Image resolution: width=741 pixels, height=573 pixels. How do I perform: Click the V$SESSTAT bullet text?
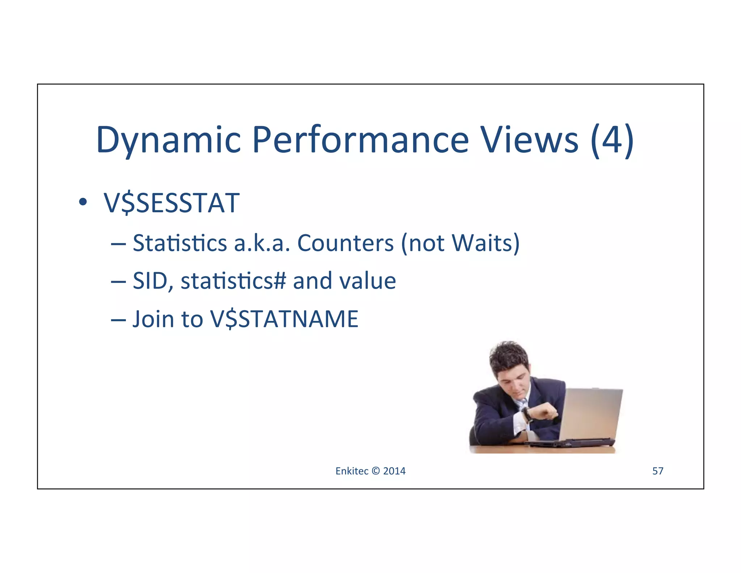(x=172, y=203)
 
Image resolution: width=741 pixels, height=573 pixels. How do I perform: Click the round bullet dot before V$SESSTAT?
(x=83, y=202)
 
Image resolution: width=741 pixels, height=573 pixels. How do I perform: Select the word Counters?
(x=345, y=243)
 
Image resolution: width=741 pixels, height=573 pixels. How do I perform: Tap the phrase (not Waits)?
(x=460, y=243)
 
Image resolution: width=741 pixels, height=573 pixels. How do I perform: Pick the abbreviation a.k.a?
(x=262, y=243)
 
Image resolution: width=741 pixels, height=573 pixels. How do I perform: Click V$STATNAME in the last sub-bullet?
(x=284, y=319)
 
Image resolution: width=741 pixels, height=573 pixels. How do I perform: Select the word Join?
(x=153, y=319)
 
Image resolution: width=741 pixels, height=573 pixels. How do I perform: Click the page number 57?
(x=657, y=471)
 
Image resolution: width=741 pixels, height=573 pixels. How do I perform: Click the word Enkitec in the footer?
(x=352, y=471)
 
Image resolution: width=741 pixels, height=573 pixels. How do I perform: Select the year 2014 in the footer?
(x=394, y=471)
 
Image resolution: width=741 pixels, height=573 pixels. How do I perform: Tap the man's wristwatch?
(x=527, y=415)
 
